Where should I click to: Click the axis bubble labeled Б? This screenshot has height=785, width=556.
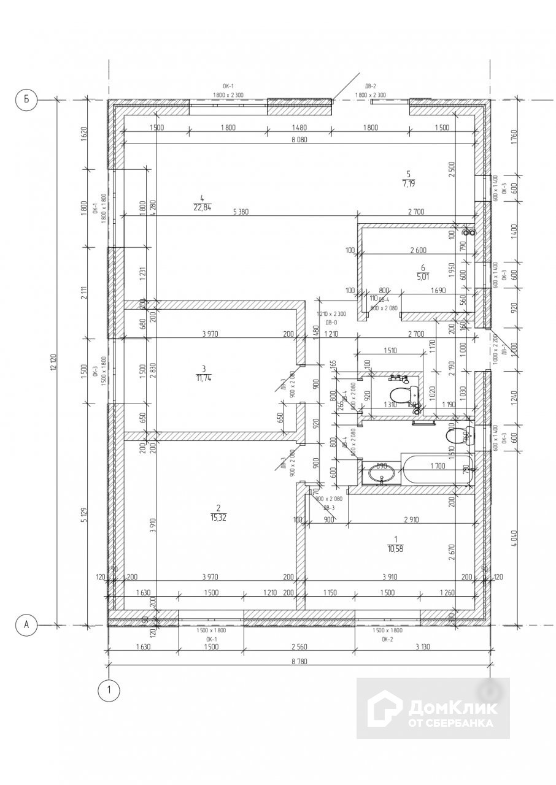tap(26, 99)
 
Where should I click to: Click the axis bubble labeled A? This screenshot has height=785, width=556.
tap(26, 624)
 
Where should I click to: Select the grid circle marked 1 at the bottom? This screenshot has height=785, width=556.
tap(109, 691)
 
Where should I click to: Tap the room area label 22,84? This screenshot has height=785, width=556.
tap(201, 207)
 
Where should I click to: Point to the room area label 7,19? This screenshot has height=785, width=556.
tap(408, 183)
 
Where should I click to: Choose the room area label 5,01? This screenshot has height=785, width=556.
tap(422, 275)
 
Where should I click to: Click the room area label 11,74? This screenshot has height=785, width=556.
tap(203, 377)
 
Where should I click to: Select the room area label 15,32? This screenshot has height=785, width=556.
tap(218, 517)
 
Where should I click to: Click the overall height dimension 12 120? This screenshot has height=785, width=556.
tap(54, 362)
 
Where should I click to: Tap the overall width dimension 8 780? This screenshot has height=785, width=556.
tap(299, 659)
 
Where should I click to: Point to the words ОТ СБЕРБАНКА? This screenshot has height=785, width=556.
tap(450, 723)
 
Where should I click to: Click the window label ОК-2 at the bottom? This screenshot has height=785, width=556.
tap(387, 638)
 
